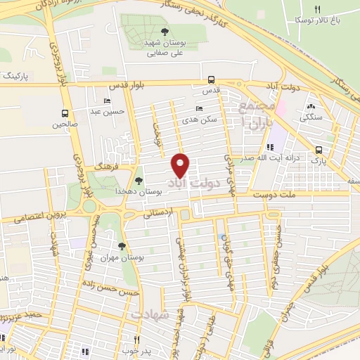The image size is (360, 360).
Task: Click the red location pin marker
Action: tap(181, 165)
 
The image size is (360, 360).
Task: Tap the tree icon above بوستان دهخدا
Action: tap(138, 181)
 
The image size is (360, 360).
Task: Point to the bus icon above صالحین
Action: tap(65, 113)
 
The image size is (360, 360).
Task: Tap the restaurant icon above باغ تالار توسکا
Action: tap(318, 9)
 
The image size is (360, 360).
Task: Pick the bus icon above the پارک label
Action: tap(319, 150)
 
